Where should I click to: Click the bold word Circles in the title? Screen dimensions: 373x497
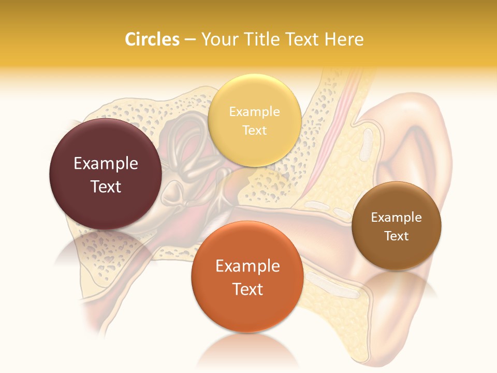click(x=152, y=39)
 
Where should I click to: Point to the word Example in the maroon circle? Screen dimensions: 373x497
click(x=106, y=164)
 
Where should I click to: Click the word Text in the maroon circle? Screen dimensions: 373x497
click(x=106, y=187)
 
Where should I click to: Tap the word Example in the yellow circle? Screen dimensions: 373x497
click(x=254, y=112)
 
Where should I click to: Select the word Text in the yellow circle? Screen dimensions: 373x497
click(x=254, y=130)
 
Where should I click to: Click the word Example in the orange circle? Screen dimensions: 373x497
click(x=247, y=266)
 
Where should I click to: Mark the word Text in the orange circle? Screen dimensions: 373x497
click(x=247, y=289)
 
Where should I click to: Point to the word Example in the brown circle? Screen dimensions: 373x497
click(x=397, y=218)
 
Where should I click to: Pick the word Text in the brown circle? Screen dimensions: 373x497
click(x=397, y=236)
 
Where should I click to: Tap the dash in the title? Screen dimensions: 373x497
click(x=190, y=39)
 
